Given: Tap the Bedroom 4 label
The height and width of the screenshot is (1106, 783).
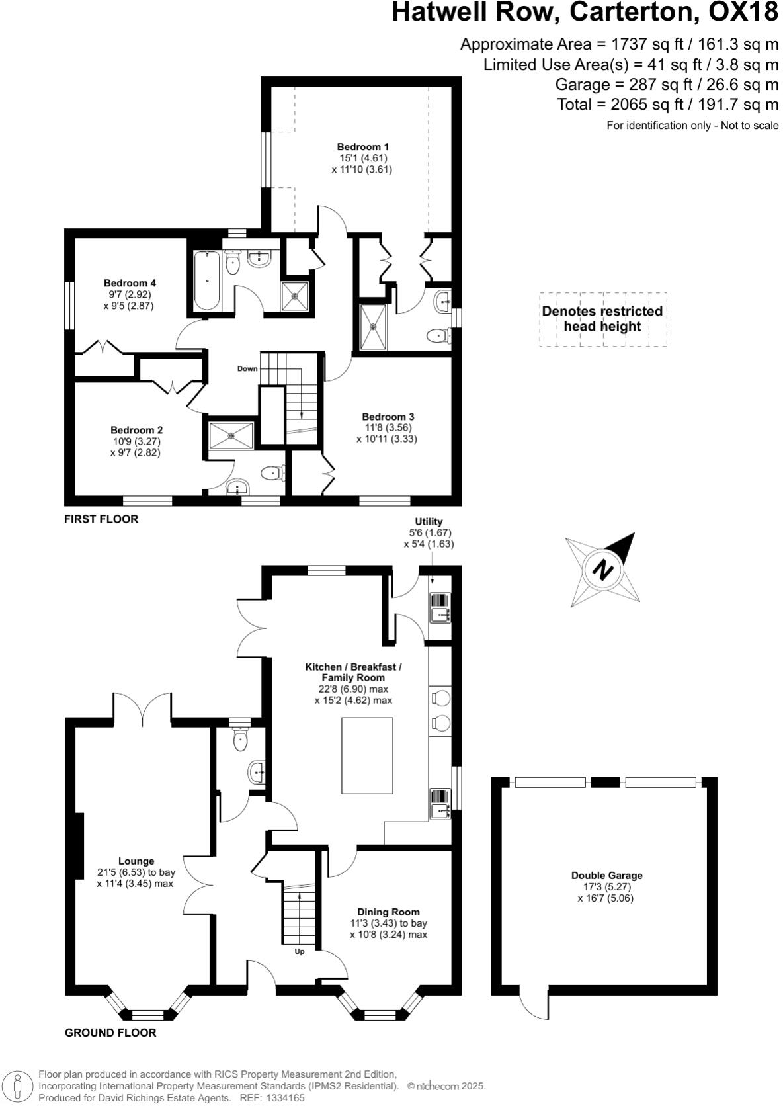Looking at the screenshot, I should coord(130,284).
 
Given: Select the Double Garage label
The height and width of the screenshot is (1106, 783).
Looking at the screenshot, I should coord(606,875).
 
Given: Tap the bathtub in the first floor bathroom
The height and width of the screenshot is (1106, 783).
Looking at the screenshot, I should coord(207,280).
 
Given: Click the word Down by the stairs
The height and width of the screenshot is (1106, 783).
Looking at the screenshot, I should coord(247,368).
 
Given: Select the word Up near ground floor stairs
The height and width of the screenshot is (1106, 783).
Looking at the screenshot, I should coord(300,952).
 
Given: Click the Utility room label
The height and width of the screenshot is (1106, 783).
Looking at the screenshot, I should coord(429,521).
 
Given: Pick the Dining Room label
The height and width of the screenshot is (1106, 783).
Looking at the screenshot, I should coord(388,912).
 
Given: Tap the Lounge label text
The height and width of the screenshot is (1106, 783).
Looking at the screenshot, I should coord(136,861).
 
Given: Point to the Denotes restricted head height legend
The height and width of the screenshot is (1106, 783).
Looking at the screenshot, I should coord(602,319).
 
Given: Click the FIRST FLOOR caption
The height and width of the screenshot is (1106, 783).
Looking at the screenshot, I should coord(101,519).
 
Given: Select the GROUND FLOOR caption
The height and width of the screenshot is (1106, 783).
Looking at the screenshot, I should coord(110,1033).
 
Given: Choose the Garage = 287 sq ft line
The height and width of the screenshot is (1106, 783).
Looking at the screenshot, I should coord(667,85).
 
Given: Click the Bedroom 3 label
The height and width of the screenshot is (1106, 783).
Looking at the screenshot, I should coord(388,417).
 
